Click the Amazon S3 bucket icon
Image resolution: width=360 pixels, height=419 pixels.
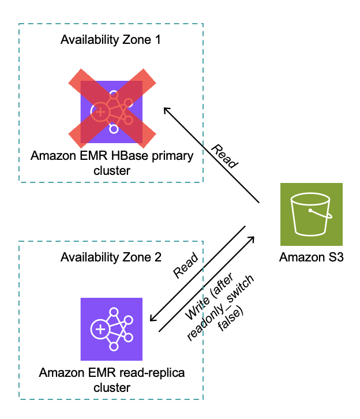click(x=311, y=214)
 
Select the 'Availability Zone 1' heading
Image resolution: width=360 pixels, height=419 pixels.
click(x=111, y=40)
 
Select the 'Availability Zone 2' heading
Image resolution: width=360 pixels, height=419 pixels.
click(x=111, y=257)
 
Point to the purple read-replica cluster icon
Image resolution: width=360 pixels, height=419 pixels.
click(x=111, y=329)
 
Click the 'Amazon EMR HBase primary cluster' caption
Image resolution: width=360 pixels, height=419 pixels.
click(x=112, y=163)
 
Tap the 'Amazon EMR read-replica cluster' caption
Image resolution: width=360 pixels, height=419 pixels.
click(x=112, y=380)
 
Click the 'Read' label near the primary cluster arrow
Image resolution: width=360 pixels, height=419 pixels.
click(x=224, y=156)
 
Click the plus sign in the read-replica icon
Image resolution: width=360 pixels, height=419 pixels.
click(x=100, y=330)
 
